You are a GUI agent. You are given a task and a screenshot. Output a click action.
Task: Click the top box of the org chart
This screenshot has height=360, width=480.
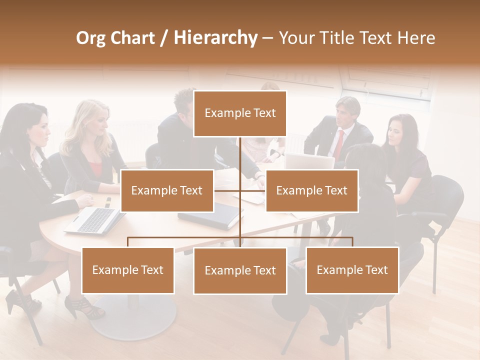(240, 113)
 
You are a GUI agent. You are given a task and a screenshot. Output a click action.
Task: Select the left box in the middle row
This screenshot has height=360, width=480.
(167, 190)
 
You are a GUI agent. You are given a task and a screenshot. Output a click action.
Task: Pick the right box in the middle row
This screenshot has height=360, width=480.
(311, 190)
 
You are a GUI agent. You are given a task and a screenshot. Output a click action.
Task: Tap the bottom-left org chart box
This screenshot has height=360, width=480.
(128, 270)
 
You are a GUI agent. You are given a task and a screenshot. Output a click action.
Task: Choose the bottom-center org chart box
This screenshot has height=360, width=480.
(240, 270)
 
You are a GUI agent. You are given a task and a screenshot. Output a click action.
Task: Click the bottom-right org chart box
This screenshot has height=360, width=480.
(352, 270)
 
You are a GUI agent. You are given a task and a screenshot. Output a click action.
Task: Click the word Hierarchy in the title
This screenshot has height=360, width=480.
(215, 37)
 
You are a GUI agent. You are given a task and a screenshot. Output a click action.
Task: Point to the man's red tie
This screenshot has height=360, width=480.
(339, 145)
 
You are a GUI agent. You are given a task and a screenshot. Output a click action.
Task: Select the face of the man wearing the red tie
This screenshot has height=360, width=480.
(343, 112)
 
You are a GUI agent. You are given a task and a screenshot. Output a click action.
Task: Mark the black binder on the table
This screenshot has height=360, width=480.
(210, 216)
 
